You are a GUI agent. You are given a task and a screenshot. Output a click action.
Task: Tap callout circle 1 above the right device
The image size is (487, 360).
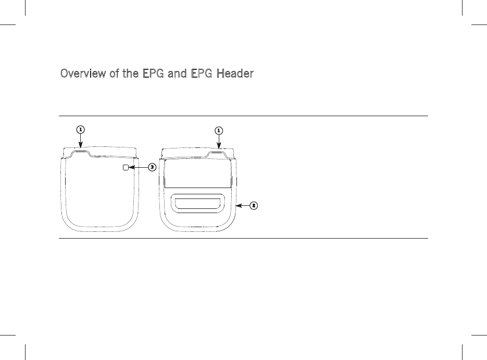pos(219,129)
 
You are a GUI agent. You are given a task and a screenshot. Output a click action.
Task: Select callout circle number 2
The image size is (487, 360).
pos(254,206)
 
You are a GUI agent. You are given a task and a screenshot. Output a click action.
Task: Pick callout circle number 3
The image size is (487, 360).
pos(152,167)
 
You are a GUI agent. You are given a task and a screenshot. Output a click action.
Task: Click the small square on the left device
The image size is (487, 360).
pos(125,167)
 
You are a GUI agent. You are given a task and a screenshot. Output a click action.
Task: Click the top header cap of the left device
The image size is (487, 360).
pos(101,152)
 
